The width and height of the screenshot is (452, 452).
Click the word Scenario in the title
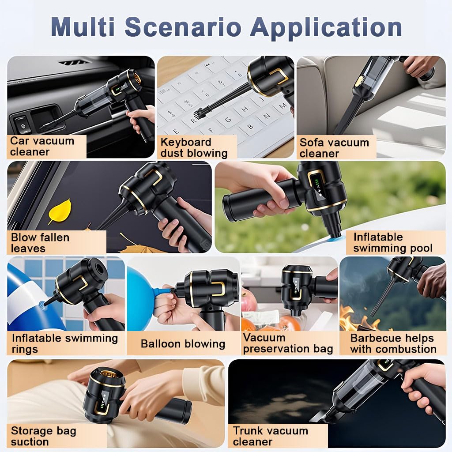pos(183,27)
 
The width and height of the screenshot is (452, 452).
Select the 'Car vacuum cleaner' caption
pos(42,146)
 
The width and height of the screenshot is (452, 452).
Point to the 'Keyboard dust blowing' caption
pos(194,147)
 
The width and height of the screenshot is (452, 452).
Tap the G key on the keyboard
pos(228,118)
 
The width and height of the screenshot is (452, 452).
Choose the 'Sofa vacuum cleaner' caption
pos(334,147)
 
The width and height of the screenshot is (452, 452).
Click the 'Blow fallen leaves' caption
pos(40,243)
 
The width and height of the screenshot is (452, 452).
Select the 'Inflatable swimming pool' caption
pos(392,242)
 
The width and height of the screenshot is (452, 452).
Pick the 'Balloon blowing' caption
pos(183,343)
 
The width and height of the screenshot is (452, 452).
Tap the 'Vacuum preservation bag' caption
pos(288,343)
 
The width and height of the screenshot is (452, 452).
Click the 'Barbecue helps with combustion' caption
pos(393,343)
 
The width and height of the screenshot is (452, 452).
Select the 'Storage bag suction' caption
pos(44,436)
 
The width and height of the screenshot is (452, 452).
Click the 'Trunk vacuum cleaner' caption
pos(271,436)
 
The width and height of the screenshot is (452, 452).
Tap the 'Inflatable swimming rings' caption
pos(65,343)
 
